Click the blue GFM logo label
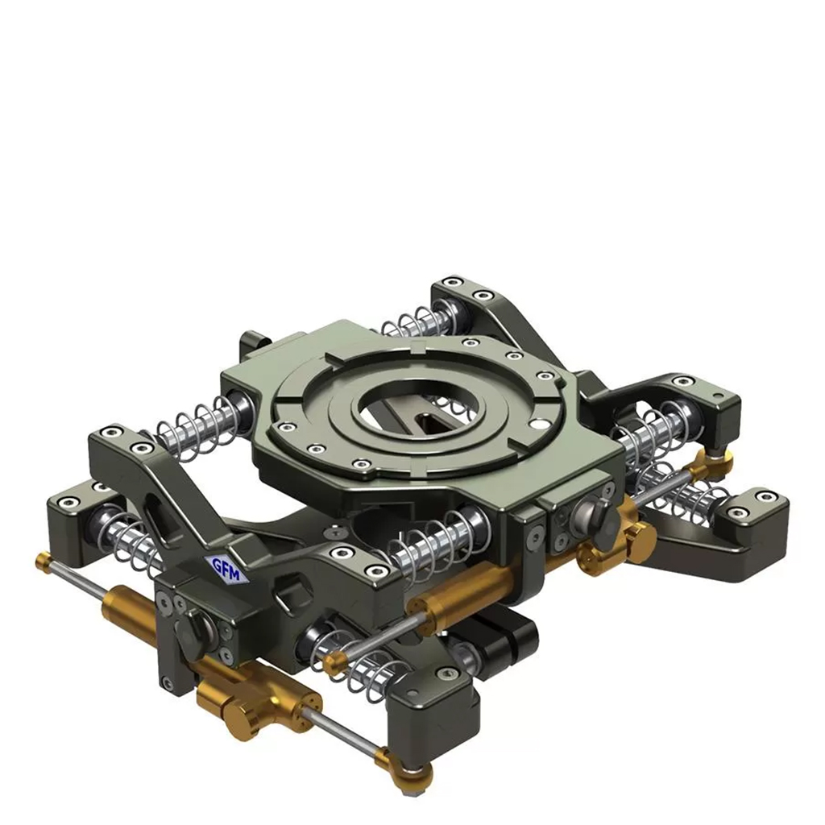click(226, 568)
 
